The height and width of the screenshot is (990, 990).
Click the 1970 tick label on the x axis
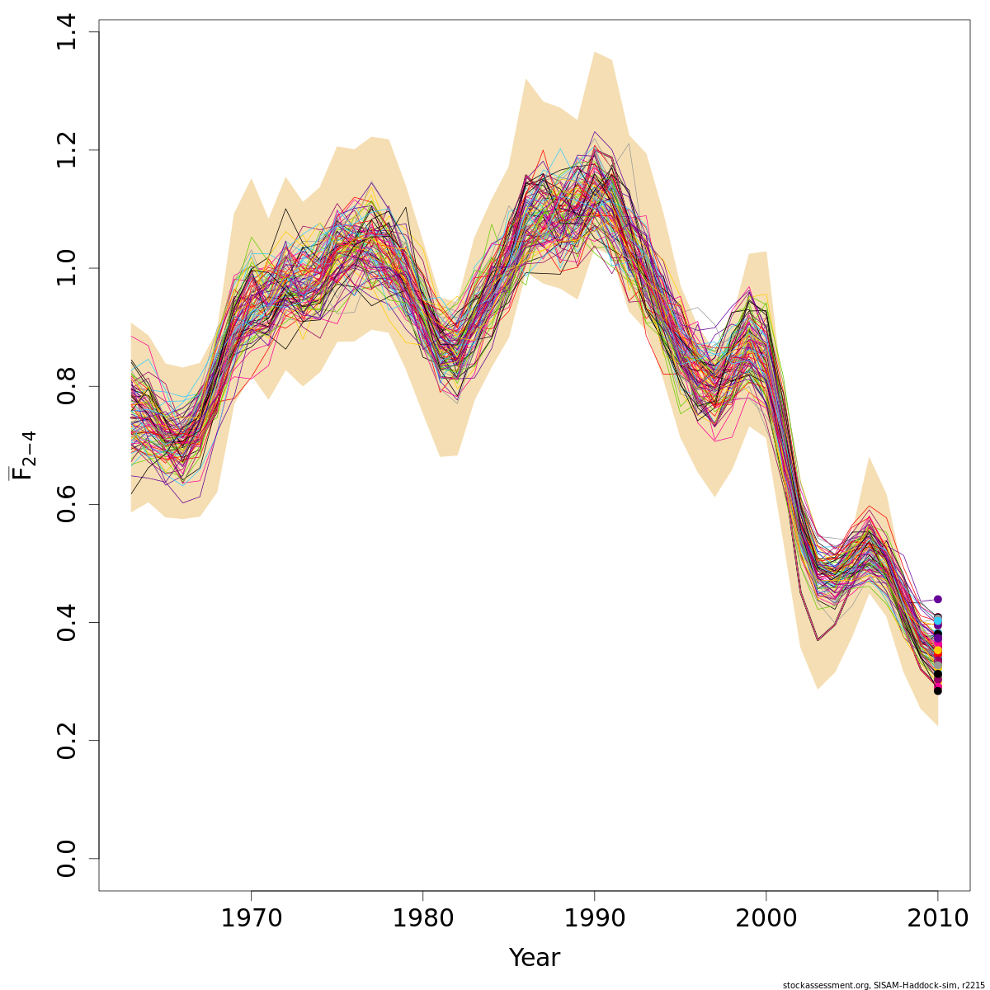251,918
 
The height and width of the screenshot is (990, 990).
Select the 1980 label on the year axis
422,918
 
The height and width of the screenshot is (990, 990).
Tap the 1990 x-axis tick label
594,918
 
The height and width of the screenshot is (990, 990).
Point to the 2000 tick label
766,918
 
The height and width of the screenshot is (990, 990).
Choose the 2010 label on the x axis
937,918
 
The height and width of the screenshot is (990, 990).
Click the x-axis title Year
534,958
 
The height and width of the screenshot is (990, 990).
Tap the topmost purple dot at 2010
937,599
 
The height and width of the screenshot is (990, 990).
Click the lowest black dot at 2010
937,691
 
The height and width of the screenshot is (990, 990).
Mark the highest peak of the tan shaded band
594,52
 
